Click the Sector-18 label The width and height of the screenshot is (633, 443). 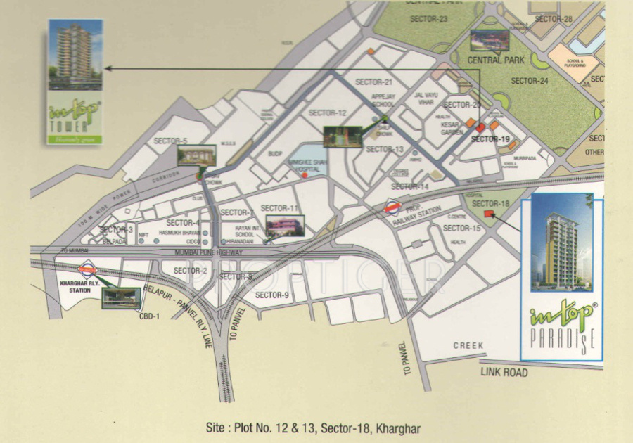(x=490, y=204)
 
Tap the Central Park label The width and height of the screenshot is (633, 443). (x=496, y=60)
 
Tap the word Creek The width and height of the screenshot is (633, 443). (x=468, y=345)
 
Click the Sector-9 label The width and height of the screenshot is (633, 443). (x=272, y=295)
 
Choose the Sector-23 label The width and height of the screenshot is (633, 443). (x=433, y=18)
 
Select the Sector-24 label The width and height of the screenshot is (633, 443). (x=529, y=81)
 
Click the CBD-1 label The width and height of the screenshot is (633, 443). (x=149, y=316)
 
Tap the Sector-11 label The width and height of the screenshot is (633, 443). (x=280, y=208)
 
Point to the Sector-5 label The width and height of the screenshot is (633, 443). (x=171, y=141)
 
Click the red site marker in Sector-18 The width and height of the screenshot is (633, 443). (x=489, y=214)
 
